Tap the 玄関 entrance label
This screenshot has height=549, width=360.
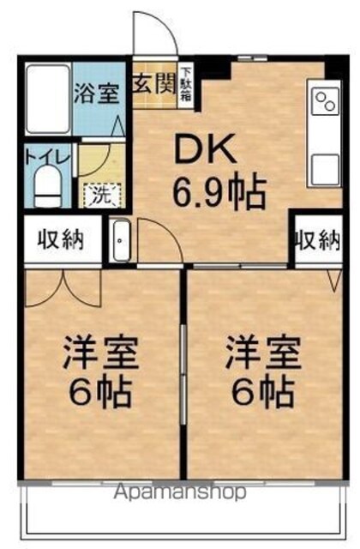(153, 84)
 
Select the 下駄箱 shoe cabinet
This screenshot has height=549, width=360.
(186, 85)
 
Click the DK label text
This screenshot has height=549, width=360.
(206, 150)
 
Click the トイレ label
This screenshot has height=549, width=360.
(48, 156)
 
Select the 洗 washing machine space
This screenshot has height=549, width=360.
(102, 195)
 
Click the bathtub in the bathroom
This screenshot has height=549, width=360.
(49, 99)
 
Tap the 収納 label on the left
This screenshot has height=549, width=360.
(61, 239)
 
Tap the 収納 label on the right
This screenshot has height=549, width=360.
(318, 240)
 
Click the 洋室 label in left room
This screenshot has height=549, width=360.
(101, 353)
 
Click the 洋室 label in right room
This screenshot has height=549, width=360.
(264, 353)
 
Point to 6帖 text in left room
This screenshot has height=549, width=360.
(101, 391)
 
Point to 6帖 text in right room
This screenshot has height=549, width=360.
(263, 391)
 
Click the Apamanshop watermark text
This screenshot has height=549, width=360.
(180, 493)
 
